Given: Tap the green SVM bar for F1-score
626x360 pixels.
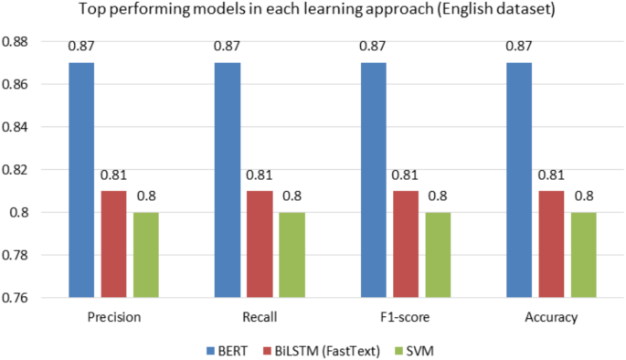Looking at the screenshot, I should tap(438, 255).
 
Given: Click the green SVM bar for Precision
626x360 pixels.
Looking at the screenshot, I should tap(145, 255).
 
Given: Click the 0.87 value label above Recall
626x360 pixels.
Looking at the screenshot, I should tap(227, 46).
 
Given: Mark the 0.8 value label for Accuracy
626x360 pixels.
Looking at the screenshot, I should tap(585, 195).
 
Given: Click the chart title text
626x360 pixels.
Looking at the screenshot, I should tap(313, 12).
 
